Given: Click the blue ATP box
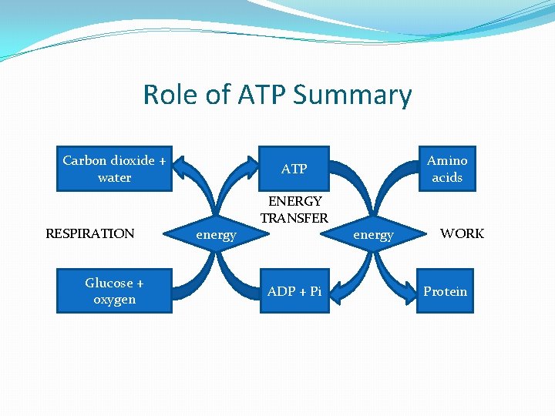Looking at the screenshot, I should click(294, 169).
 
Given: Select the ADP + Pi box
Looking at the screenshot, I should click(294, 291).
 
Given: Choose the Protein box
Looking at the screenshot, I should click(445, 291).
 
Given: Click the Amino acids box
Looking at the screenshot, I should click(446, 169).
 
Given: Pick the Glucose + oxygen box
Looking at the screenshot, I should click(114, 291).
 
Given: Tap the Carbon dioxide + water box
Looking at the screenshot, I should click(114, 169).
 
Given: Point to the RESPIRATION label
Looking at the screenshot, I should click(90, 233).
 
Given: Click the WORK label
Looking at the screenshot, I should click(462, 233).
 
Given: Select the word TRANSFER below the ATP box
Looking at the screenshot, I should click(294, 218).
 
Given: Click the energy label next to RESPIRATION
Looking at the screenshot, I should click(216, 235).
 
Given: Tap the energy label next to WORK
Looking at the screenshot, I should click(373, 235).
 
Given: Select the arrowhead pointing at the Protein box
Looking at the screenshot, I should click(410, 290).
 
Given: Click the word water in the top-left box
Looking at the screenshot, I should click(114, 177).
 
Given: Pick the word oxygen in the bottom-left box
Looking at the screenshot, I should click(114, 300).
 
